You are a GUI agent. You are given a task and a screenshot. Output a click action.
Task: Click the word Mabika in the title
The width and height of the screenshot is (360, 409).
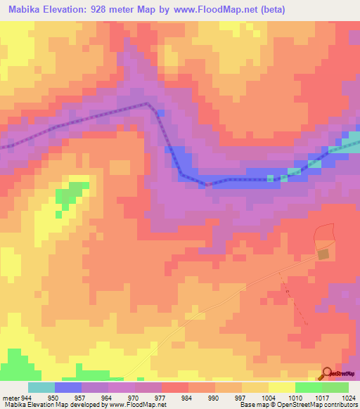[x=25, y=8]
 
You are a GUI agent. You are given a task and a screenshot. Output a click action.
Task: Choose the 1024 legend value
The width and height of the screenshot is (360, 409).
[x=349, y=398]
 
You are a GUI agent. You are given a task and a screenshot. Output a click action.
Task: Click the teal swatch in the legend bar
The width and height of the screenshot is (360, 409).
[x=41, y=387]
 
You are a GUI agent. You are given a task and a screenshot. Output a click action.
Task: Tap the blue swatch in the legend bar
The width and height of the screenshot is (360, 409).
[x=68, y=387]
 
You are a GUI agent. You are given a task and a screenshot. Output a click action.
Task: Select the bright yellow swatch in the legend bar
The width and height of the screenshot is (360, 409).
[x=281, y=387]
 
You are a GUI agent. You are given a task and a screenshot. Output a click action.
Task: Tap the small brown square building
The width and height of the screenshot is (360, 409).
[x=323, y=254]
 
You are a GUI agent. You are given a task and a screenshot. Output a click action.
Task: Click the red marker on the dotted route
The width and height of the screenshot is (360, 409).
[x=207, y=184]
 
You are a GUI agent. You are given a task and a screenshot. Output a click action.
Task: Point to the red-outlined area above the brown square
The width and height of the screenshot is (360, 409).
[x=324, y=235]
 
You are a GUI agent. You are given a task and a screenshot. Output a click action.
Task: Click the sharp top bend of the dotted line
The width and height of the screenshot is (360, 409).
[x=147, y=103]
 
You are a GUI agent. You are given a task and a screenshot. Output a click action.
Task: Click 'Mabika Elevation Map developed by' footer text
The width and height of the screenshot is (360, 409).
[x=51, y=405]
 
